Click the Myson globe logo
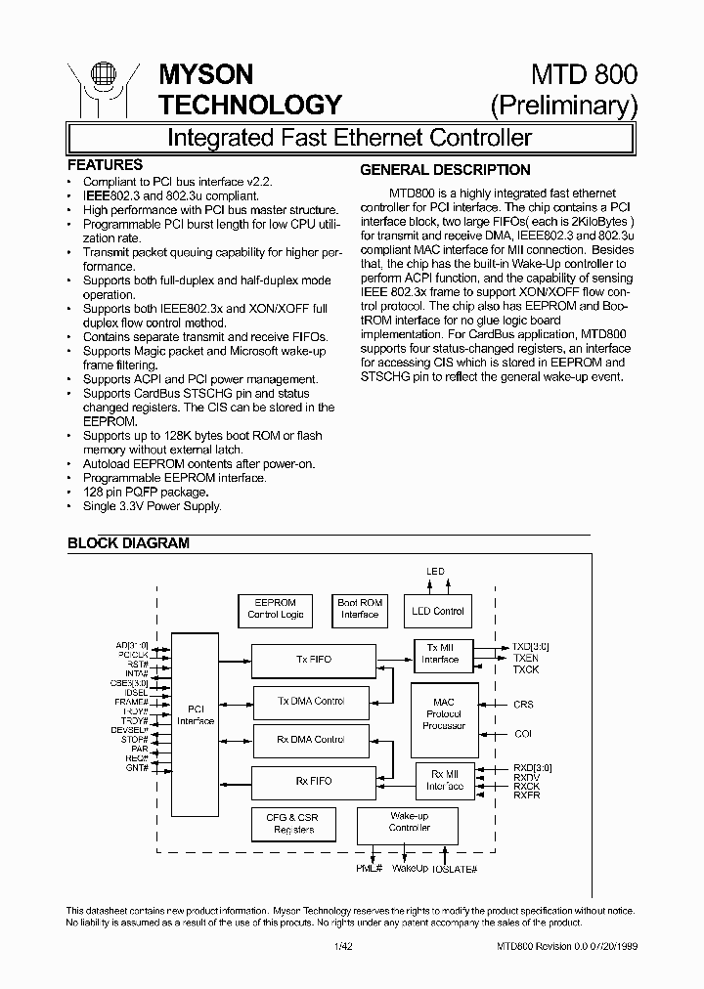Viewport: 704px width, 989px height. pyautogui.click(x=98, y=86)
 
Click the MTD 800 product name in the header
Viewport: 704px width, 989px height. pyautogui.click(x=584, y=74)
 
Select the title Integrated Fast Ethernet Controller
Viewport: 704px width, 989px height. pyautogui.click(x=349, y=137)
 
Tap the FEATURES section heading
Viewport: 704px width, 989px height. pyautogui.click(x=105, y=165)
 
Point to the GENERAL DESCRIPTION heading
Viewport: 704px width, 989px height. pyautogui.click(x=445, y=170)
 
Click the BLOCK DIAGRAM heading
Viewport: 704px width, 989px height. pyautogui.click(x=128, y=543)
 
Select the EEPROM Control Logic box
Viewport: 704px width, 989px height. pyautogui.click(x=275, y=609)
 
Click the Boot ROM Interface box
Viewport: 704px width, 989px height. pyautogui.click(x=359, y=609)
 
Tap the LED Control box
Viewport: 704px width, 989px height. pyautogui.click(x=437, y=611)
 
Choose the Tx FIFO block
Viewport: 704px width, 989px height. pyautogui.click(x=313, y=660)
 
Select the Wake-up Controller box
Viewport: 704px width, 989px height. pyautogui.click(x=409, y=822)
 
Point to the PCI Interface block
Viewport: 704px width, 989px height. pyautogui.click(x=195, y=714)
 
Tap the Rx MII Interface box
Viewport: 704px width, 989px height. pyautogui.click(x=445, y=780)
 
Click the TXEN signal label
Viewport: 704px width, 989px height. pyautogui.click(x=525, y=658)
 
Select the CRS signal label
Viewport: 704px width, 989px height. pyautogui.click(x=523, y=704)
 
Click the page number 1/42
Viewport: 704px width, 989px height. pyautogui.click(x=341, y=946)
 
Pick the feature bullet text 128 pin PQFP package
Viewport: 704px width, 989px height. pyautogui.click(x=145, y=492)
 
